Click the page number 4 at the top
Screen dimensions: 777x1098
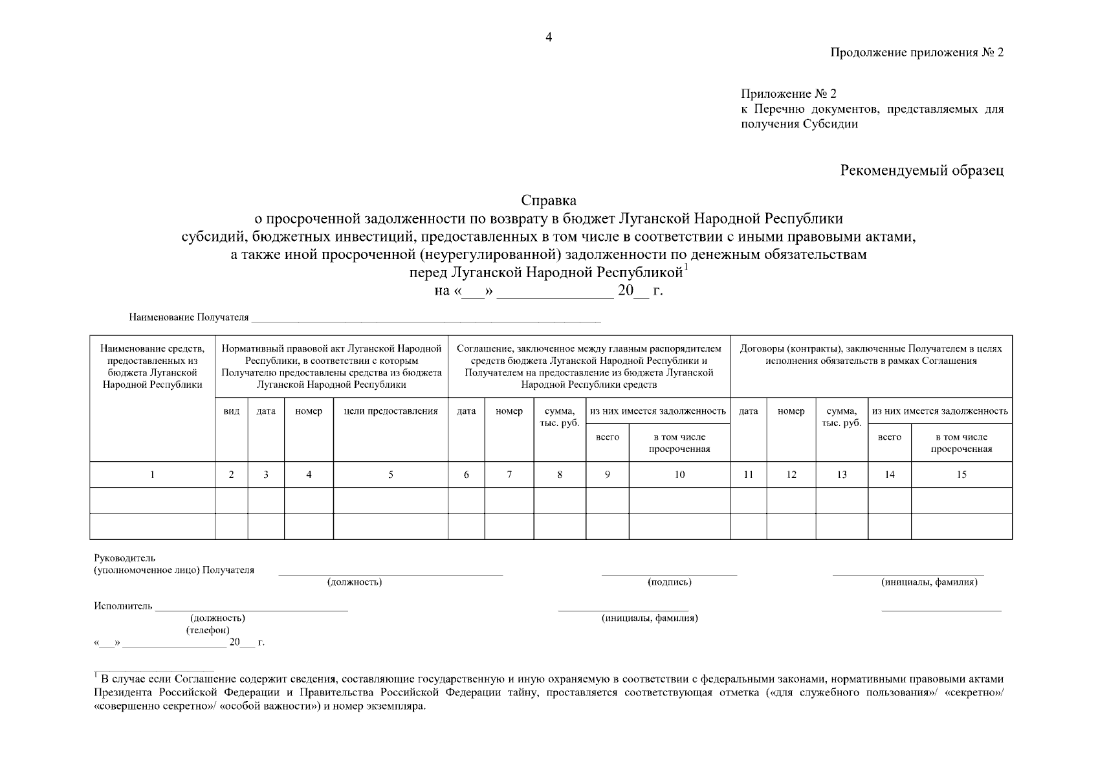click(549, 38)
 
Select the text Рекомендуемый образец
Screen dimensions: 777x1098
click(922, 170)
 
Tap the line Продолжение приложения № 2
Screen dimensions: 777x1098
click(917, 52)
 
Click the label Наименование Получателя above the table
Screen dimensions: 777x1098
click(188, 317)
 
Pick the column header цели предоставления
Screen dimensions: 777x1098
click(391, 411)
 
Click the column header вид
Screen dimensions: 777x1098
click(231, 411)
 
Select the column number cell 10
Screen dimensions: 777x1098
click(679, 475)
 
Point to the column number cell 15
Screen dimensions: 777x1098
click(961, 475)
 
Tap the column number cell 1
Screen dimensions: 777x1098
click(152, 475)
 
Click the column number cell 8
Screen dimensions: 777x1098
click(560, 475)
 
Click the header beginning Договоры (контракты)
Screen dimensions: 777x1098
click(871, 354)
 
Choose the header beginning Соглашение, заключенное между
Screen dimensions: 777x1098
click(589, 366)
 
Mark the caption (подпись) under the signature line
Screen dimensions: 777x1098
click(670, 582)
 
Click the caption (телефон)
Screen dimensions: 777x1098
click(208, 630)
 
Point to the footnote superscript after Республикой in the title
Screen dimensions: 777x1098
click(686, 267)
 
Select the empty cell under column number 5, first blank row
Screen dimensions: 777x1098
click(391, 501)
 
